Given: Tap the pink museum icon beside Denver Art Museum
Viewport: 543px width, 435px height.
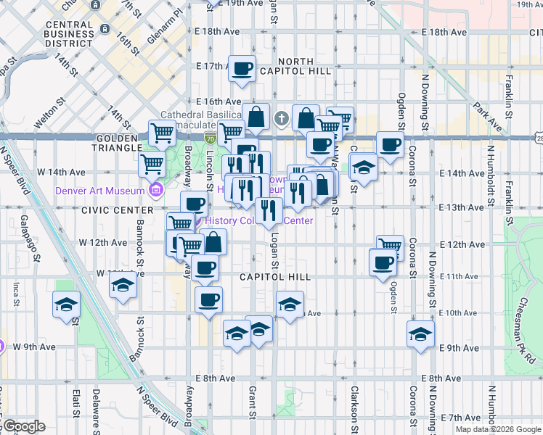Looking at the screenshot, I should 155,191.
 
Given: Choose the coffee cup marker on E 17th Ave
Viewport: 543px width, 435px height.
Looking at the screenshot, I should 242,69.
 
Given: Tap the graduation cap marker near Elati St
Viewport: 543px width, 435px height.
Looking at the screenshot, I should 67,304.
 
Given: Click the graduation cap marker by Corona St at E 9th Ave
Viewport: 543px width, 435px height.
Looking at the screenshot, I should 420,333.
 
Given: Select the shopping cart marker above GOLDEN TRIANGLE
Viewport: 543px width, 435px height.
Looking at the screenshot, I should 162,133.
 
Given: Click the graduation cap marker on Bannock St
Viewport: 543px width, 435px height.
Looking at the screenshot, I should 123,285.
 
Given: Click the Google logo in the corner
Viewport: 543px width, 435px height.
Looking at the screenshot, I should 23,426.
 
